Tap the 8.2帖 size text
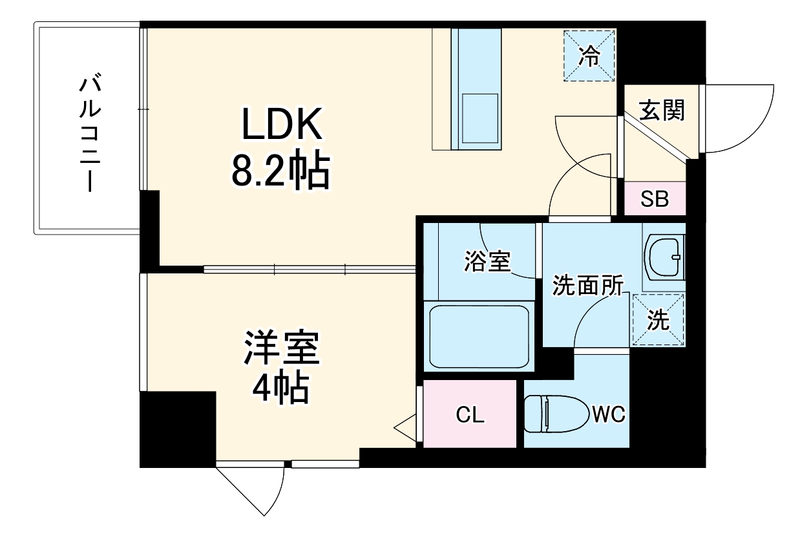pos(279,171)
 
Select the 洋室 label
pos(281,348)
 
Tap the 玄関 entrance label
pos(662,111)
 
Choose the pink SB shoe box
pos(655,199)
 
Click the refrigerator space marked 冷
pos(589,56)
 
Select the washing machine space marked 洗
pos(658,319)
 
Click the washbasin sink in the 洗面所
pos(665,256)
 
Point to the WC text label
pos(609,414)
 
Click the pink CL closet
pos(470,414)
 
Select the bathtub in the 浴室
pos(479,336)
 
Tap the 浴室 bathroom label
pos(487,261)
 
